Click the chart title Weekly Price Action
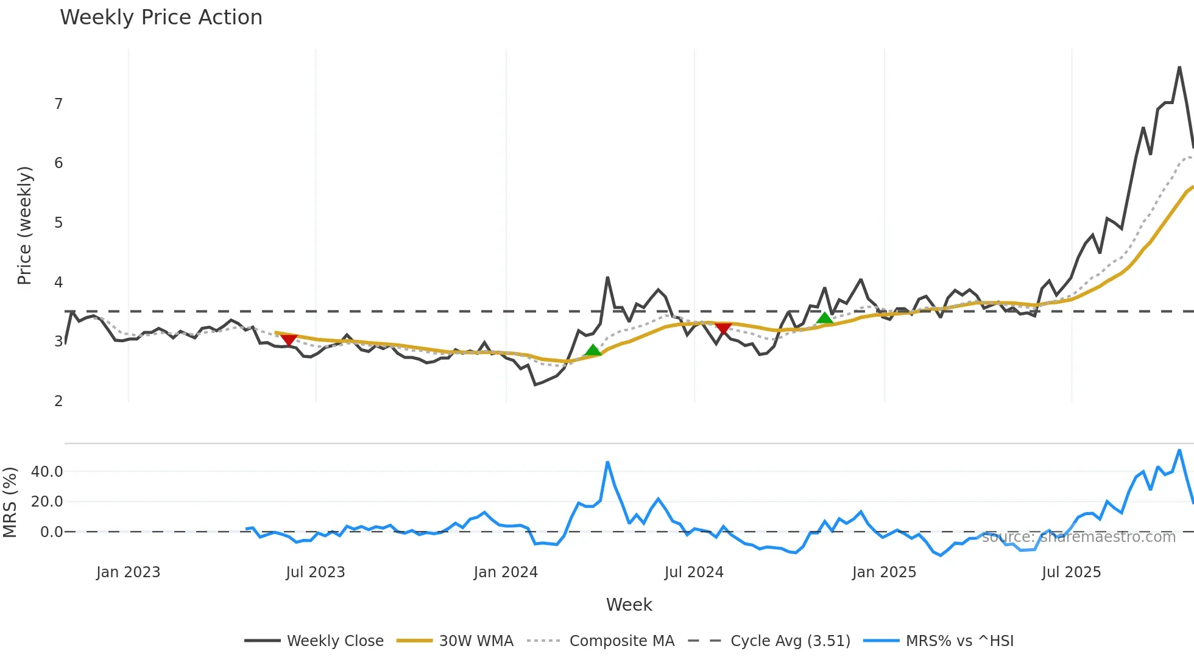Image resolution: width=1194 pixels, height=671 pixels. click(161, 18)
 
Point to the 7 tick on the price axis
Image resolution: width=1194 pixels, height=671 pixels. click(58, 104)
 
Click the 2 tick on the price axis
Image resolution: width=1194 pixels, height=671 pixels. click(58, 401)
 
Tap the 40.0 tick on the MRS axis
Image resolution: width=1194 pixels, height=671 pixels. click(47, 471)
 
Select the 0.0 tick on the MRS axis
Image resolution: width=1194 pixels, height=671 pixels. click(51, 532)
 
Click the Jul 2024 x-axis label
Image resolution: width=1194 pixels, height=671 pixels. click(694, 572)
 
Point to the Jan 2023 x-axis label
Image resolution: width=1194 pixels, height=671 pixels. click(128, 572)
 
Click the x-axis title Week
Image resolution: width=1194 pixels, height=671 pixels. click(629, 605)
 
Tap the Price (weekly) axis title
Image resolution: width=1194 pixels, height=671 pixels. click(24, 225)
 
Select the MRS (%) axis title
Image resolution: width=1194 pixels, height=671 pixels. click(10, 502)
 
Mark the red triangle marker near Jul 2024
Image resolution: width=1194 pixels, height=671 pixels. click(723, 329)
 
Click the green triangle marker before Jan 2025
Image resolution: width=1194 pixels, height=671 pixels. click(824, 318)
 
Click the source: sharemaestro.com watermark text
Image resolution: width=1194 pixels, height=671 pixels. click(1078, 536)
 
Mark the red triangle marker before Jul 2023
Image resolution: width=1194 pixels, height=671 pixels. click(288, 340)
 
